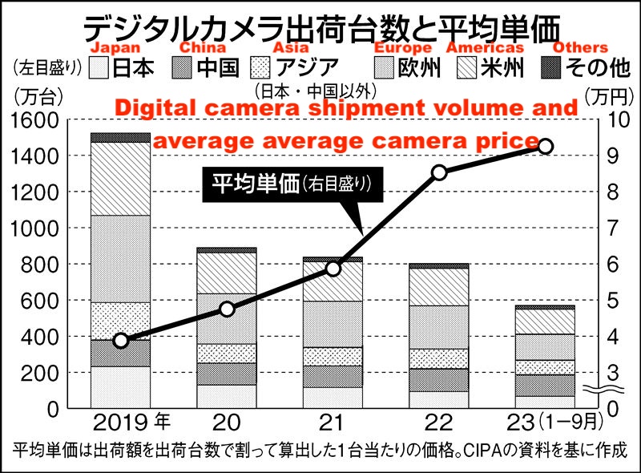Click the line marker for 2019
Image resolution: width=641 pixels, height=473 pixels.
121,340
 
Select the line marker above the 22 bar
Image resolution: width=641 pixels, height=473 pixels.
439,172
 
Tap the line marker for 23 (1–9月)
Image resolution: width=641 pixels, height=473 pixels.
545,146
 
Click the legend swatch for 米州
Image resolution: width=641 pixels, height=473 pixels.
463,67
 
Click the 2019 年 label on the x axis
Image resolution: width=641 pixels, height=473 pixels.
131,420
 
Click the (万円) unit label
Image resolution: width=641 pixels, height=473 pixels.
610,95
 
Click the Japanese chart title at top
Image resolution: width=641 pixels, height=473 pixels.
320,24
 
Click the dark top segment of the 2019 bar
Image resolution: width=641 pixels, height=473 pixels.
120,137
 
